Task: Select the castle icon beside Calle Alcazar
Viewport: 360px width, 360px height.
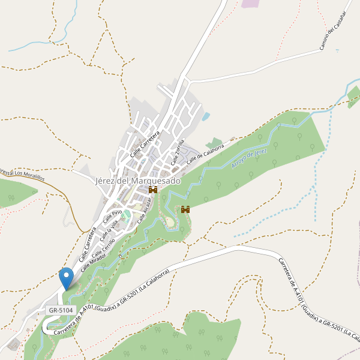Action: click(153, 190)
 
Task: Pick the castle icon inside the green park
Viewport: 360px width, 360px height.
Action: click(185, 209)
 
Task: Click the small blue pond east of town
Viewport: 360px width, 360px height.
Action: click(206, 116)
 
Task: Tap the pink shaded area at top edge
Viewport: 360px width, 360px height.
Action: click(250, 3)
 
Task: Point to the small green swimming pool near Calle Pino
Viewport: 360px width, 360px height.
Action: click(127, 214)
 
